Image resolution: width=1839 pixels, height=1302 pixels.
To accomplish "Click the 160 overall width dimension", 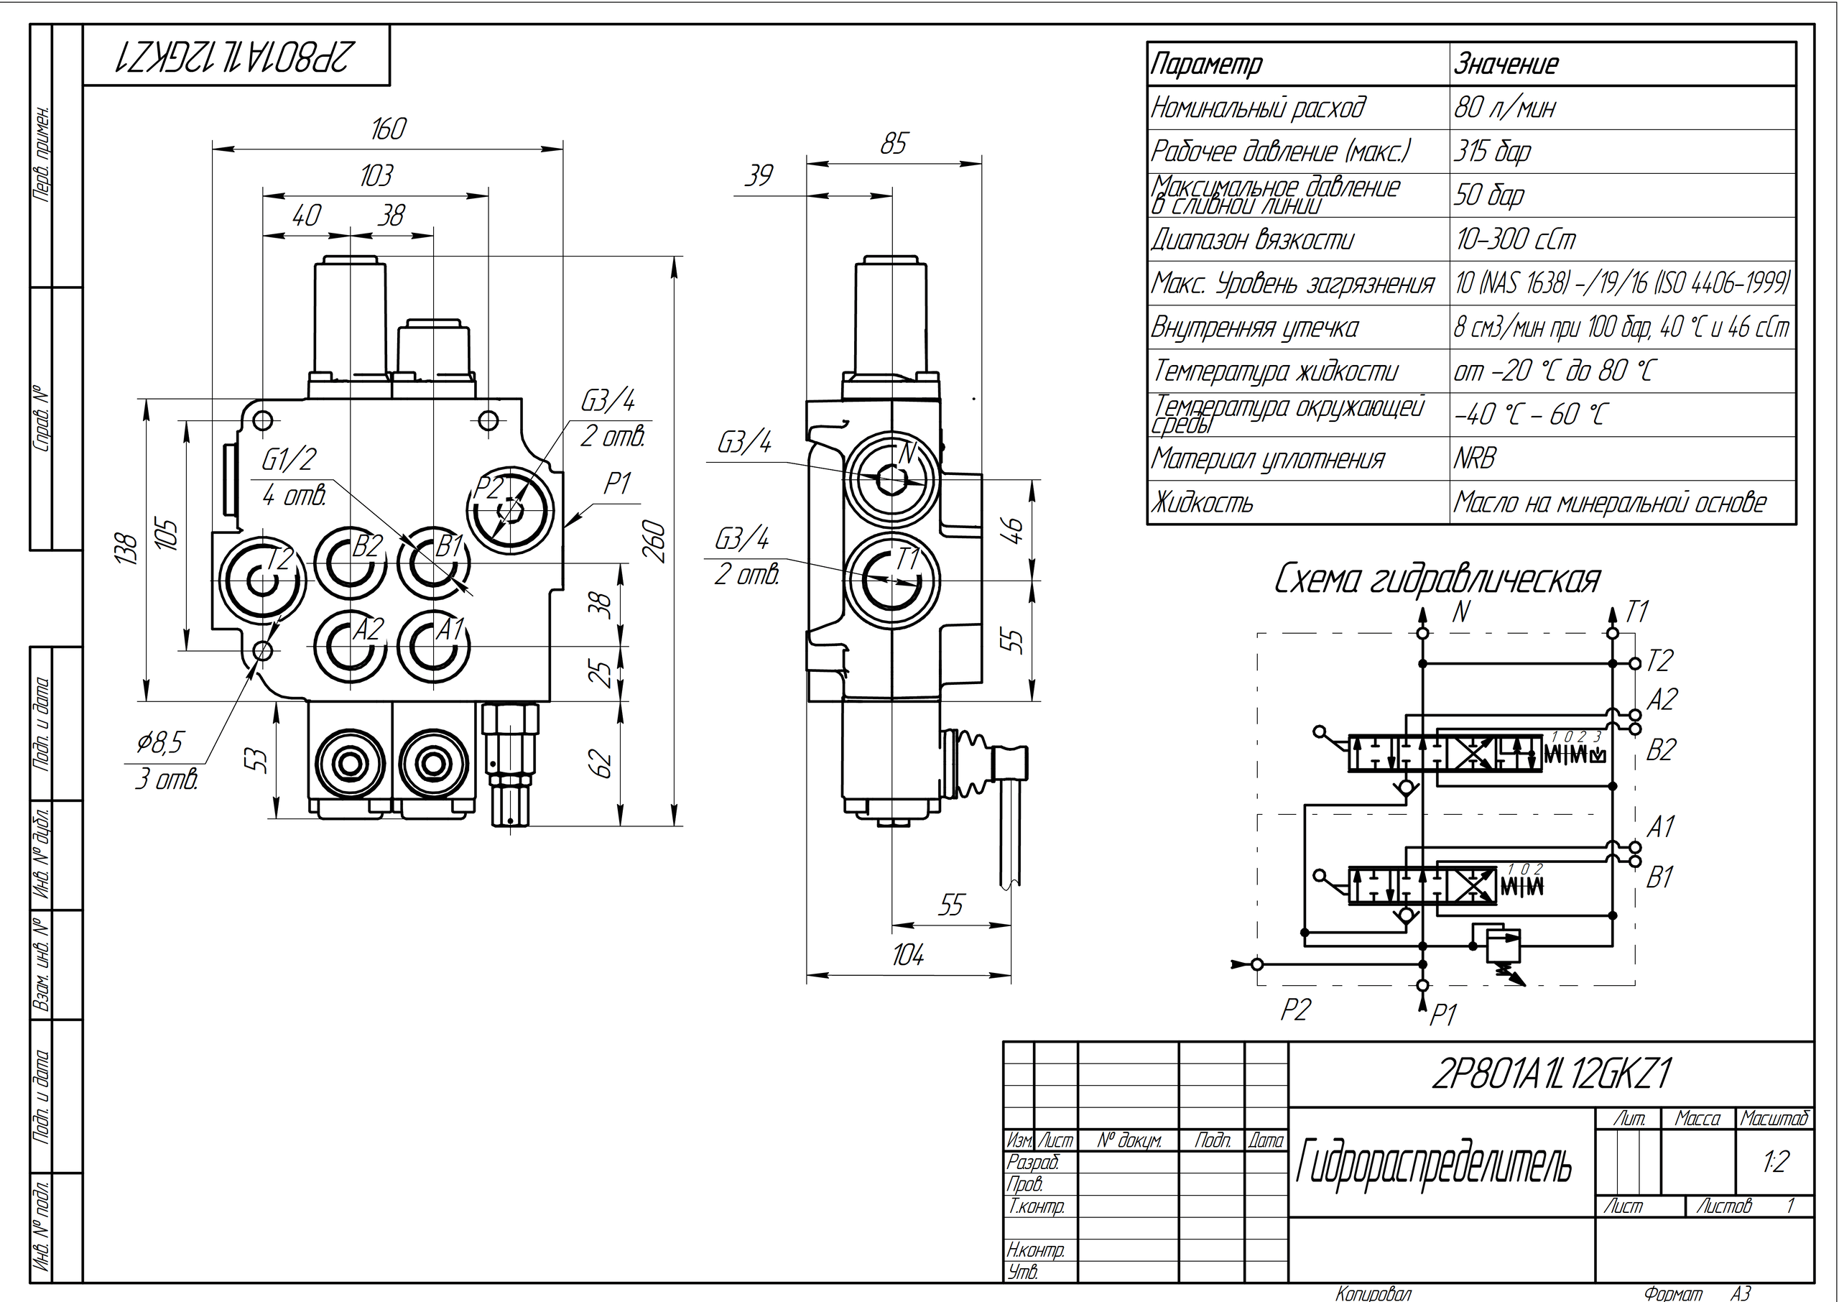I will pos(389,129).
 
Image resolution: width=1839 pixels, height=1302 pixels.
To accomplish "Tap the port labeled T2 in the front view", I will pos(261,579).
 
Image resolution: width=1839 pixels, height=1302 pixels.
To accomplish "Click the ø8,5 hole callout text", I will pos(160,743).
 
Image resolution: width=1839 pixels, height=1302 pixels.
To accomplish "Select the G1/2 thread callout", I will pos(289,459).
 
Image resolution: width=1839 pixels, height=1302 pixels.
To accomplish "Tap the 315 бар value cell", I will pos(1492,152).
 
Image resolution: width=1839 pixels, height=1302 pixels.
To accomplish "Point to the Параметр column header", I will pos(1207,64).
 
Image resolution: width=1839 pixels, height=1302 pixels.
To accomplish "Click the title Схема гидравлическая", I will pos(1437,580).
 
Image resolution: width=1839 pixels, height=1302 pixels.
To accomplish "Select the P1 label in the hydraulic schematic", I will pos(1442,1016).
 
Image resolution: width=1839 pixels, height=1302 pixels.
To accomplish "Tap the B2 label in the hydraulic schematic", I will pos(1661,749).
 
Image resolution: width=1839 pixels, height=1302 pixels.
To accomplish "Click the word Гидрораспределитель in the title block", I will pos(1434,1163).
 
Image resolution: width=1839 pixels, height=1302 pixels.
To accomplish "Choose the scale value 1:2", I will pos(1776,1162).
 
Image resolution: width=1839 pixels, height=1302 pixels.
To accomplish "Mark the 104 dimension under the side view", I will pos(908,955).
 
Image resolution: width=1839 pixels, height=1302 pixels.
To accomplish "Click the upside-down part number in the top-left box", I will pos(235,55).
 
